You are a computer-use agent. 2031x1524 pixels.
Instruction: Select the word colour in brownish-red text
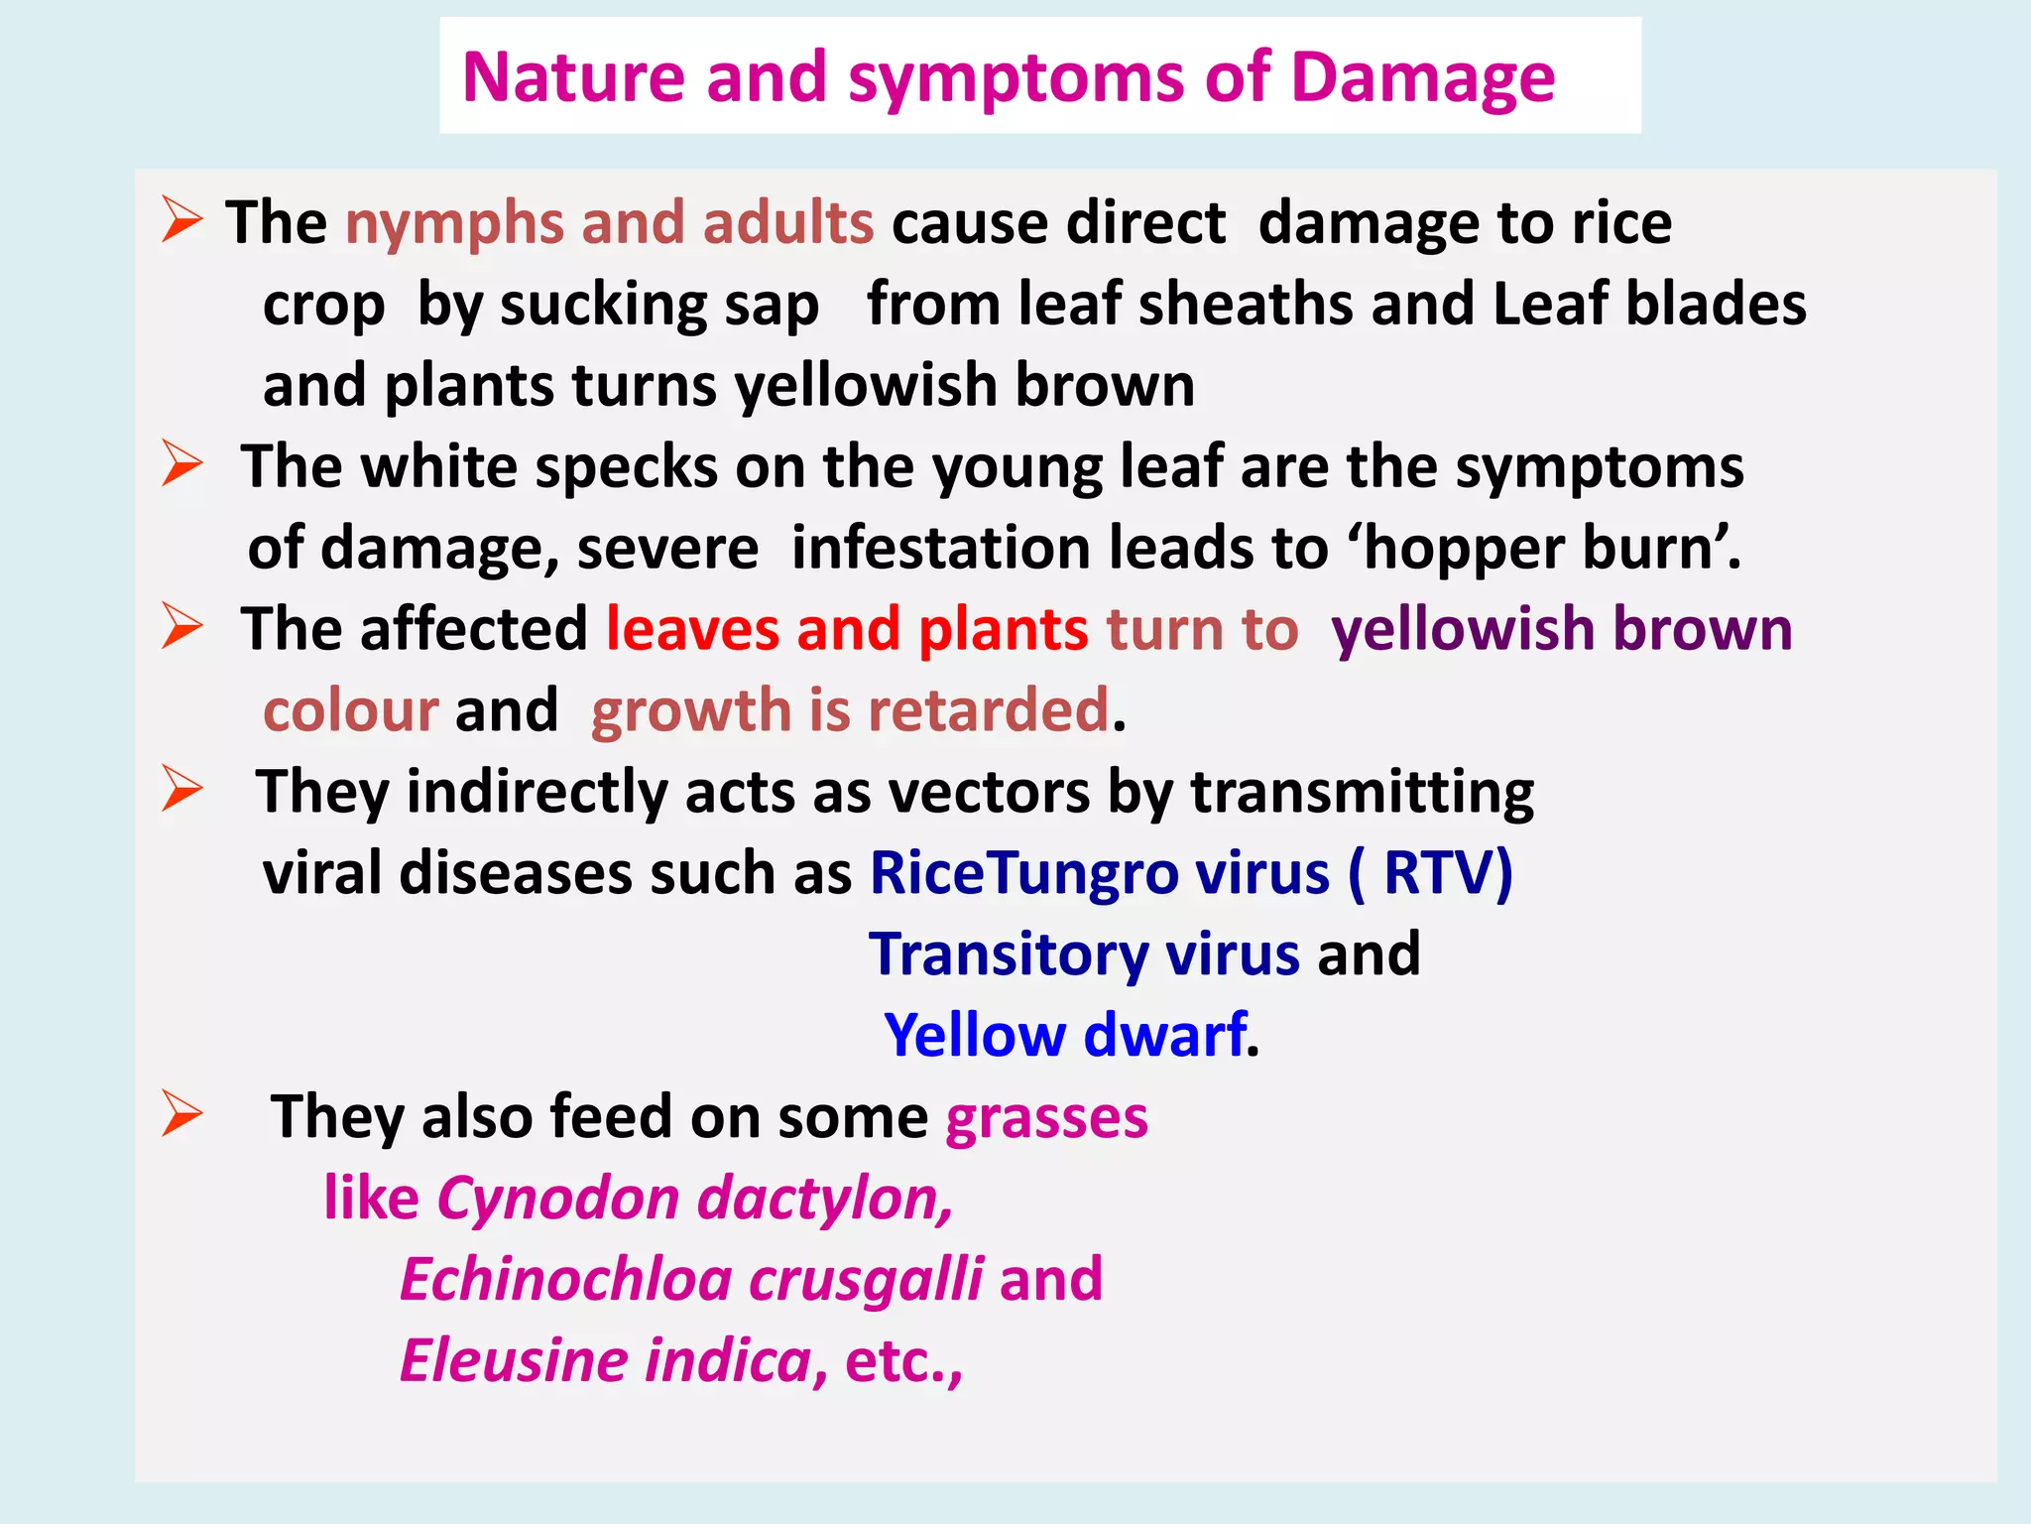tap(350, 710)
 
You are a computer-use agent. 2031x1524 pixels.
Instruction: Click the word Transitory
tap(1009, 954)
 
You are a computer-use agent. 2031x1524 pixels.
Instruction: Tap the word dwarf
tap(1164, 1036)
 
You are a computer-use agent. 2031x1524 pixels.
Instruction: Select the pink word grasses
tap(1046, 1119)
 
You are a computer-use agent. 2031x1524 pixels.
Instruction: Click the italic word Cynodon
tap(556, 1199)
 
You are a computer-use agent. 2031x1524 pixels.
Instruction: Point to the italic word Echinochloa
tap(565, 1280)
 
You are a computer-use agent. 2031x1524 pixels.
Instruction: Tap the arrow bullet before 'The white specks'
tap(182, 463)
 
